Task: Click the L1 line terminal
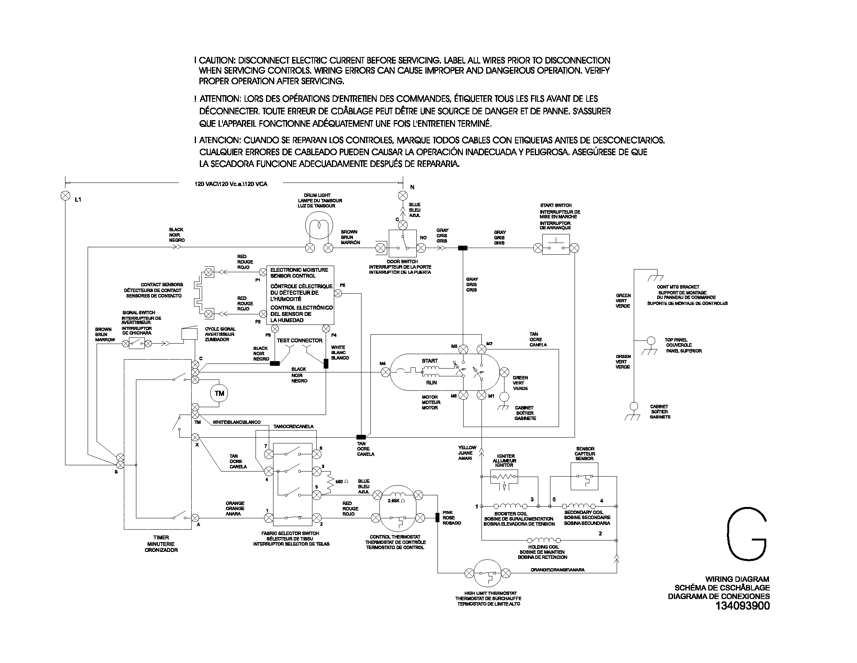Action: (x=65, y=196)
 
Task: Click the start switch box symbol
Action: (x=555, y=244)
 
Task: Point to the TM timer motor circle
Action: (x=219, y=394)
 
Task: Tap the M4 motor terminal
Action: (x=386, y=372)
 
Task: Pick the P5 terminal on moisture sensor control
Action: (x=338, y=293)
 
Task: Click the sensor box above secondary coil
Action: (x=584, y=477)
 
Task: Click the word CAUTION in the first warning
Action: (x=217, y=60)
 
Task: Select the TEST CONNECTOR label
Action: (x=300, y=340)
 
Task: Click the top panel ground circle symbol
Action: (x=651, y=340)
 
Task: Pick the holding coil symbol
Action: (x=543, y=541)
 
